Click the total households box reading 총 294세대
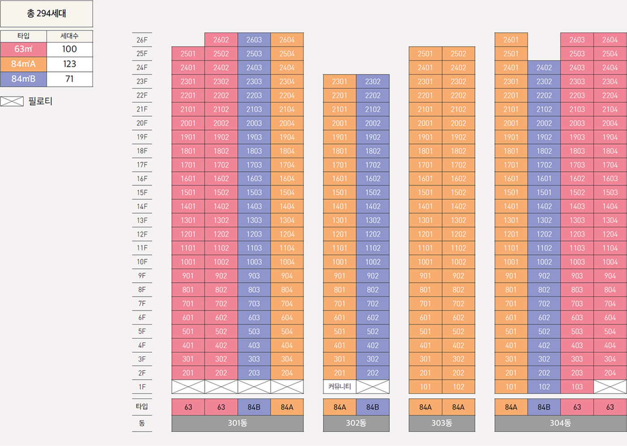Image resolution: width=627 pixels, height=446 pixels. pos(47,13)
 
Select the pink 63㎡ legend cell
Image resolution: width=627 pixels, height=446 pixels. pos(23,49)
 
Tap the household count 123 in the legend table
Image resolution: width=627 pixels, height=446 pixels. pos(69,64)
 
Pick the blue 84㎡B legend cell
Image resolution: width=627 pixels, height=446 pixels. pos(23,79)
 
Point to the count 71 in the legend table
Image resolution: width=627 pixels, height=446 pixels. pos(69,79)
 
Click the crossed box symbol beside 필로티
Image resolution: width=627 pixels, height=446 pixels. pos(12,101)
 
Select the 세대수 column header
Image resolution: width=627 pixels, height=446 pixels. pos(69,36)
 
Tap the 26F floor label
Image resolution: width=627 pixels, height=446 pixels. pos(142,40)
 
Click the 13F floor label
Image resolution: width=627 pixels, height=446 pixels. pos(142,220)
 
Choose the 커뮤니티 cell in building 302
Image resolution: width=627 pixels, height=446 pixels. pos(339,386)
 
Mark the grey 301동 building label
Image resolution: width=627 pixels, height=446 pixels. pos(237,423)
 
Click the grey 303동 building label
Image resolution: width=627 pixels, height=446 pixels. pos(442,423)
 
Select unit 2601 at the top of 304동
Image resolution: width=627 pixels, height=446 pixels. pos(511,40)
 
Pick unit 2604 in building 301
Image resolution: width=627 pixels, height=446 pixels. pos(287,40)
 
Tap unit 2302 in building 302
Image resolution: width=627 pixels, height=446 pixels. pos(373,82)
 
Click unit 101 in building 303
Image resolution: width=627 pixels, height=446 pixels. pos(425,387)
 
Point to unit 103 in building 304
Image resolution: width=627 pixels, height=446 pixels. pos(577,387)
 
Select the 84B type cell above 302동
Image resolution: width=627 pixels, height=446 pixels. pos(373,407)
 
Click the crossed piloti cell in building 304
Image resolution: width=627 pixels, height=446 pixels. pos(610,387)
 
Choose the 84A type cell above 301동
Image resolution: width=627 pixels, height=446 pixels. pos(287,407)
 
